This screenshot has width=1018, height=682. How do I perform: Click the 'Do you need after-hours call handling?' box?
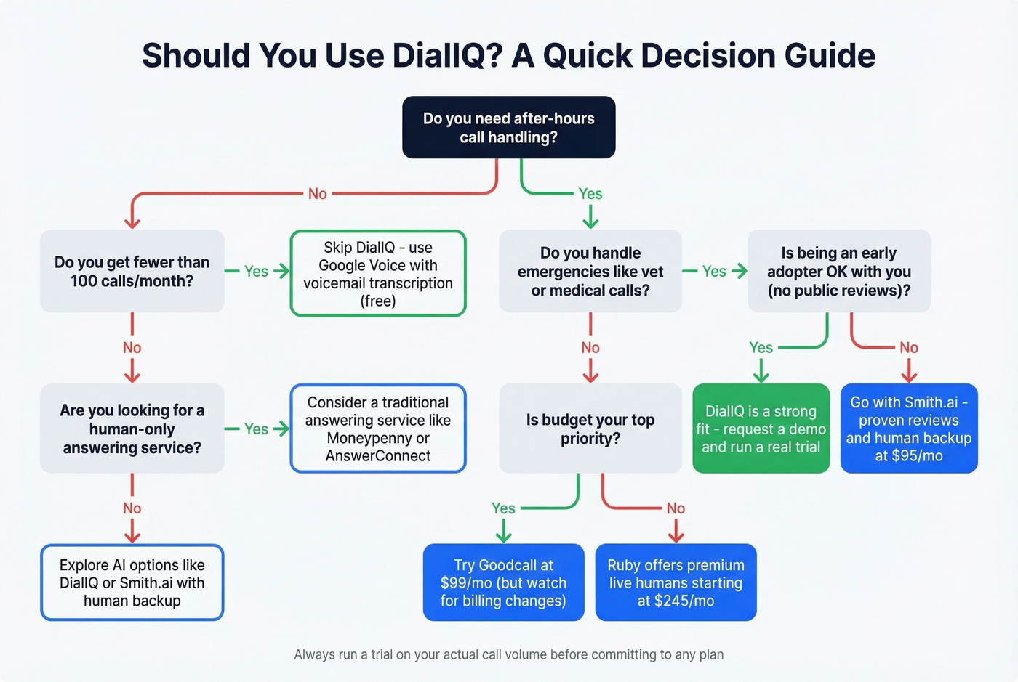(x=508, y=127)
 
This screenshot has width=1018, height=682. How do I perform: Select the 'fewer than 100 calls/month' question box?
(x=132, y=271)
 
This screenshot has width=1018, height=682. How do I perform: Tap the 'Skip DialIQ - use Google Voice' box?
(x=377, y=273)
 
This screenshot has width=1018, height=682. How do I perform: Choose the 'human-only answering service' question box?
(x=132, y=429)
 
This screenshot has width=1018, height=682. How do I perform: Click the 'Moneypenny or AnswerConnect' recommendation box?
(x=377, y=429)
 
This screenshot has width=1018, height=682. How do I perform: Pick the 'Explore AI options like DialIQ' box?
(x=132, y=582)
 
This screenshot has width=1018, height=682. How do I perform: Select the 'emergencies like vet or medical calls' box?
(x=590, y=271)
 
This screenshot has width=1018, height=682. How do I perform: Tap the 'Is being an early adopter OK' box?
(x=838, y=271)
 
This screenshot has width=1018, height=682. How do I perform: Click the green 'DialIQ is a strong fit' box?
(x=761, y=429)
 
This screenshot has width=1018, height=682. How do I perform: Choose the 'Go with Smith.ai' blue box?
(x=908, y=429)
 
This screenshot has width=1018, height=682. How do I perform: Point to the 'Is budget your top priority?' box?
(x=590, y=429)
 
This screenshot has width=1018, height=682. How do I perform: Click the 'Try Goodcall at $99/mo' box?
(x=503, y=582)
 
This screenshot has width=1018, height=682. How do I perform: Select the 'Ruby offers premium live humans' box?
(x=676, y=582)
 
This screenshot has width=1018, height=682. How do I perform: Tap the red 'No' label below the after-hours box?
(x=317, y=194)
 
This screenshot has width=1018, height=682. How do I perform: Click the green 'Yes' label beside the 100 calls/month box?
(x=256, y=272)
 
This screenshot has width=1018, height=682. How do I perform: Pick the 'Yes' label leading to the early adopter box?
(x=714, y=272)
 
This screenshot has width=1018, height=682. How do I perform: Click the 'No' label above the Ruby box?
(x=676, y=508)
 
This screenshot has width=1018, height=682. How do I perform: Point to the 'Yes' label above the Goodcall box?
(x=503, y=508)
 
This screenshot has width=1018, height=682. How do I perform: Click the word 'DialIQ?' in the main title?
(x=447, y=56)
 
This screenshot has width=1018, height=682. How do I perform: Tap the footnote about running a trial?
(x=508, y=654)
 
